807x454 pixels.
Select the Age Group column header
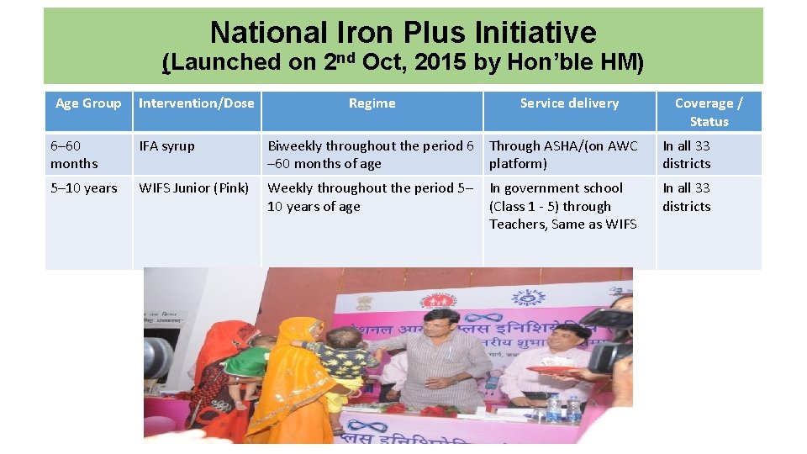click(x=88, y=103)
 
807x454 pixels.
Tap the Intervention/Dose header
click(x=196, y=103)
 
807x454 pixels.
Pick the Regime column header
click(x=372, y=103)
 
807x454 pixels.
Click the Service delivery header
click(x=569, y=103)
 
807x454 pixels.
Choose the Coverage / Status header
click(x=709, y=112)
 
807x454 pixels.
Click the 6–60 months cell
click(x=74, y=155)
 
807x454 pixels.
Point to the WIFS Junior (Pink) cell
click(x=194, y=188)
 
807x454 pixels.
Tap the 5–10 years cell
click(x=84, y=188)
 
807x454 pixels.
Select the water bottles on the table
click(x=563, y=409)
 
